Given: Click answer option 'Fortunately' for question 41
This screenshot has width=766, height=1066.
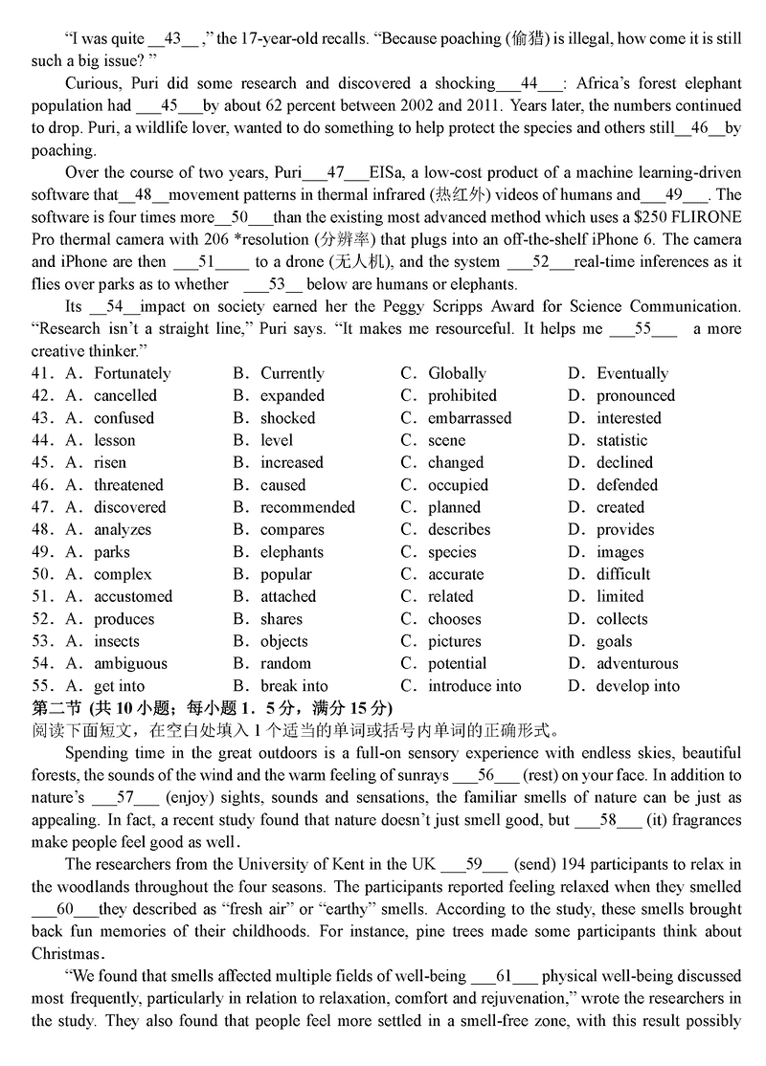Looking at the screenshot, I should [132, 373].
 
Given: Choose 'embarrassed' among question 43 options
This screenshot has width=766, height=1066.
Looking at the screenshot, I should [469, 418].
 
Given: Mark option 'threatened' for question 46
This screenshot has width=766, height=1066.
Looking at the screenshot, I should [128, 485].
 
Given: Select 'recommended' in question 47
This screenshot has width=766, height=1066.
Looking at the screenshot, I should [307, 507].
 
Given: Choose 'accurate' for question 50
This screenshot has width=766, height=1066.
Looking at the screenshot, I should [456, 574].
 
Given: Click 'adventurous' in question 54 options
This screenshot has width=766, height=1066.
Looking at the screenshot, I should [637, 663].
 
